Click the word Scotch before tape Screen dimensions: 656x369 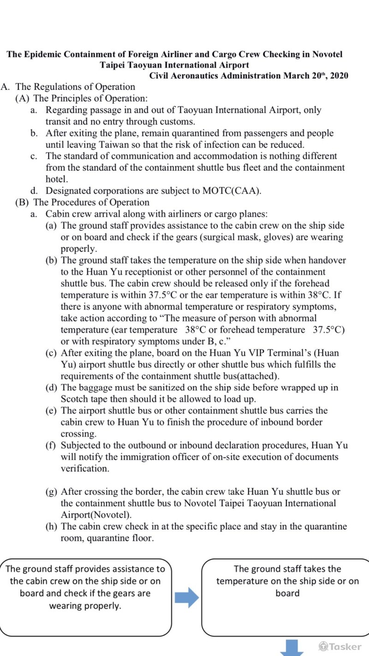coord(75,399)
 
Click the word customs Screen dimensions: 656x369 coord(179,122)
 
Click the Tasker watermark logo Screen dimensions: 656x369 coord(340,646)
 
